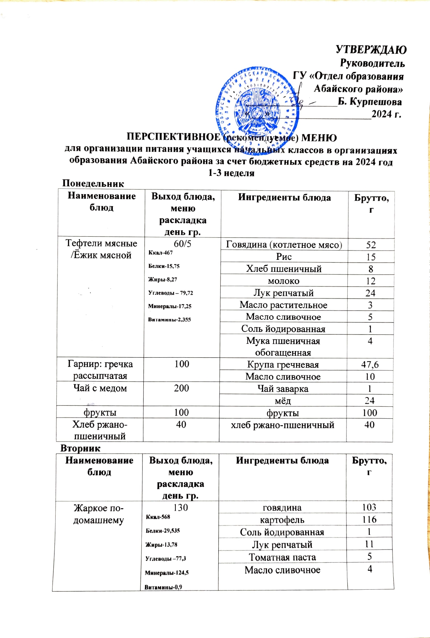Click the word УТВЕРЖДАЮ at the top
pyautogui.click(x=371, y=50)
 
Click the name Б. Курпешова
pyautogui.click(x=370, y=102)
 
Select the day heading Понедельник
pyautogui.click(x=93, y=183)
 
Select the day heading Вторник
pyautogui.click(x=80, y=448)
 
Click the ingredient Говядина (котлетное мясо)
pyautogui.click(x=284, y=244)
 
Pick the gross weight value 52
pyautogui.click(x=371, y=245)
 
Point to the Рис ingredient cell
pyautogui.click(x=284, y=257)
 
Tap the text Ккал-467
pyautogui.click(x=160, y=253)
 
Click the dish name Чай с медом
pyautogui.click(x=100, y=388)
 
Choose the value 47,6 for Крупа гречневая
pyautogui.click(x=370, y=365)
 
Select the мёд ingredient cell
pyautogui.click(x=283, y=401)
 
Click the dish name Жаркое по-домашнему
pyautogui.click(x=99, y=514)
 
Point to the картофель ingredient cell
pyautogui.click(x=282, y=520)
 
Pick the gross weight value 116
pyautogui.click(x=369, y=519)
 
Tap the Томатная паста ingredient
pyautogui.click(x=282, y=557)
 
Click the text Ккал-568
pyautogui.click(x=158, y=517)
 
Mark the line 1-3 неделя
pyautogui.click(x=231, y=173)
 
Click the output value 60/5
pyautogui.click(x=182, y=244)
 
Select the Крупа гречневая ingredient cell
pyautogui.click(x=283, y=365)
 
